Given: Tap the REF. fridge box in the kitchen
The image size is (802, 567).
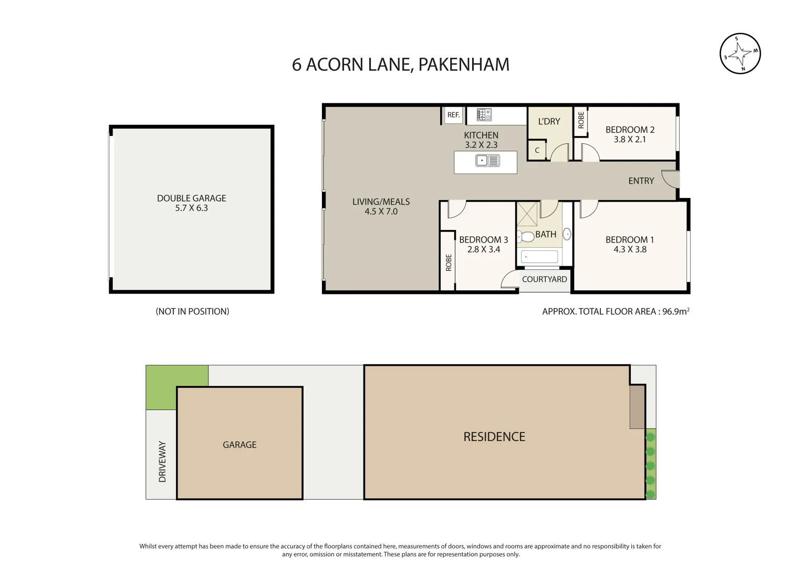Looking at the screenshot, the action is (454, 115).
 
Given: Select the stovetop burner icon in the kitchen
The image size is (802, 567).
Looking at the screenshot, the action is (484, 115).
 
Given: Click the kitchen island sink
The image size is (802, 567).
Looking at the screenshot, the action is (487, 160).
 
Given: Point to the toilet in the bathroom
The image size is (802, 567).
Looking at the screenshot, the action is (526, 236).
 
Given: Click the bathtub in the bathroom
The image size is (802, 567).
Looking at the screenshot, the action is (539, 257).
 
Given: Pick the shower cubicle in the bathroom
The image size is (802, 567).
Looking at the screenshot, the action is (527, 214).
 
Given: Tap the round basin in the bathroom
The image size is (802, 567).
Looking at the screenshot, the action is (567, 234).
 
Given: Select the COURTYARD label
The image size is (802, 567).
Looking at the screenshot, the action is (544, 279).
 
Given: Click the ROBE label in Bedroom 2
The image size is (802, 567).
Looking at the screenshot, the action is (581, 120).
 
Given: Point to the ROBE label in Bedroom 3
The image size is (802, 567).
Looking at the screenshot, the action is (449, 262).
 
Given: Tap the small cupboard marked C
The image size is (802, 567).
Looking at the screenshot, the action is (537, 150).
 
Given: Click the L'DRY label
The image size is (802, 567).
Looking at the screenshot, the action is (549, 121).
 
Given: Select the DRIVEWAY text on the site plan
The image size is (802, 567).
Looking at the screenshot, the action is (162, 462).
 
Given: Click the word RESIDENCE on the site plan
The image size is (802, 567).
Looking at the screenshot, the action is (494, 437).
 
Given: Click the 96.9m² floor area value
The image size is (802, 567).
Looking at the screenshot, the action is (675, 311).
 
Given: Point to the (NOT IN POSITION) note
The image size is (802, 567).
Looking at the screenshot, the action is (192, 311).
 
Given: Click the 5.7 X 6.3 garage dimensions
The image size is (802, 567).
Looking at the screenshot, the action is (192, 208).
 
